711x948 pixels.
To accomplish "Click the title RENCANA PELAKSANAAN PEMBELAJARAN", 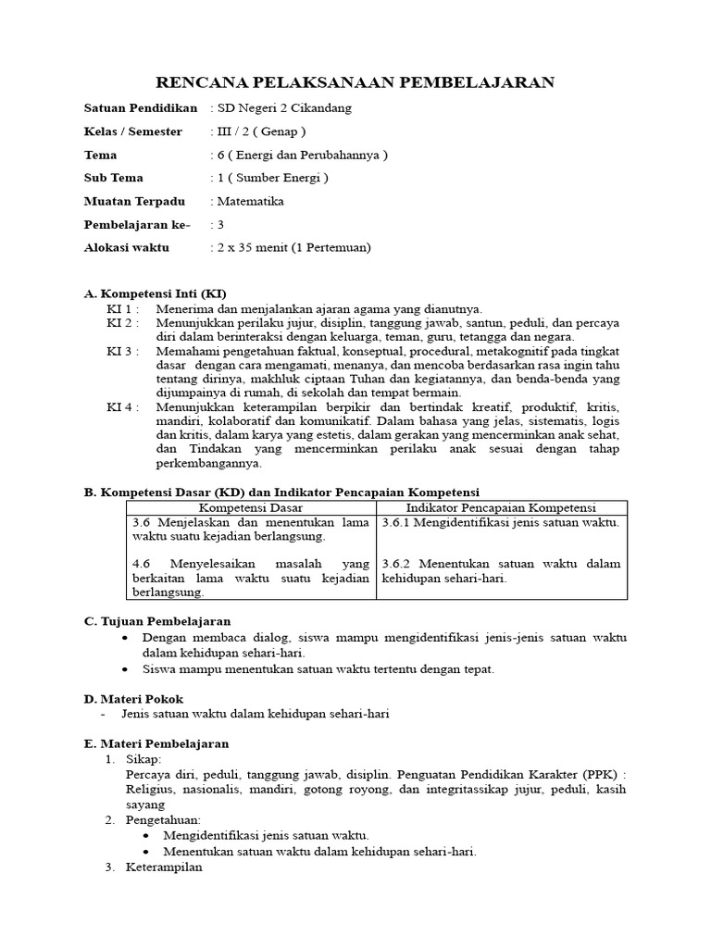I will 356,82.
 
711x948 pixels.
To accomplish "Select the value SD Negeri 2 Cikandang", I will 284,108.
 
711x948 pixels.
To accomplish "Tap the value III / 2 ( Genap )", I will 260,131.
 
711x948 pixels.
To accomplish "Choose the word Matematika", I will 250,201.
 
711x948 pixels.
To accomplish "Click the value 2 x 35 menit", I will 251,247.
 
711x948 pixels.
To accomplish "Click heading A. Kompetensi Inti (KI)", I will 155,293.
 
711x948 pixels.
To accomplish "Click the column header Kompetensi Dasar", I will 251,507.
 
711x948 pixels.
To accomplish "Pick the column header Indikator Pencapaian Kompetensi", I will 501,507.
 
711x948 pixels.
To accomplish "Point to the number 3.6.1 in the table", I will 399,522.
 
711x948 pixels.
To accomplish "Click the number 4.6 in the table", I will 142,563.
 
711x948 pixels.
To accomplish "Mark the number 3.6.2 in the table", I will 400,563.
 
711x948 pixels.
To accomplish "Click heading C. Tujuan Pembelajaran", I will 157,620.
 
